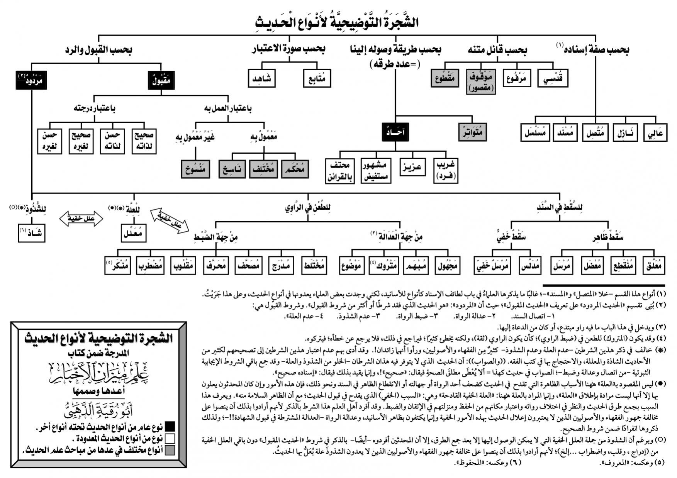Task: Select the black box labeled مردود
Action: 31,80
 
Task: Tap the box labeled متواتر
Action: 472,132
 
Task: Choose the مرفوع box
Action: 517,78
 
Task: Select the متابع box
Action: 317,78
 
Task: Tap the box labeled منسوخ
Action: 195,169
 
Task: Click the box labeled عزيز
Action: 412,167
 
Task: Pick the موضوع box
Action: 352,266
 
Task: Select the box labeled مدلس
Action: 530,266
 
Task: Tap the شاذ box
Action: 32,232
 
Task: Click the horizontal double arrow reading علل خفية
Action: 81,219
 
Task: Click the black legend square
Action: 170,426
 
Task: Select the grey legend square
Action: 170,450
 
